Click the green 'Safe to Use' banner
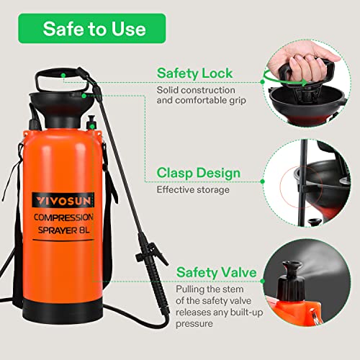(x=94, y=29)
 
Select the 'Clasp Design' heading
(x=198, y=174)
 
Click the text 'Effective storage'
(x=193, y=191)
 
